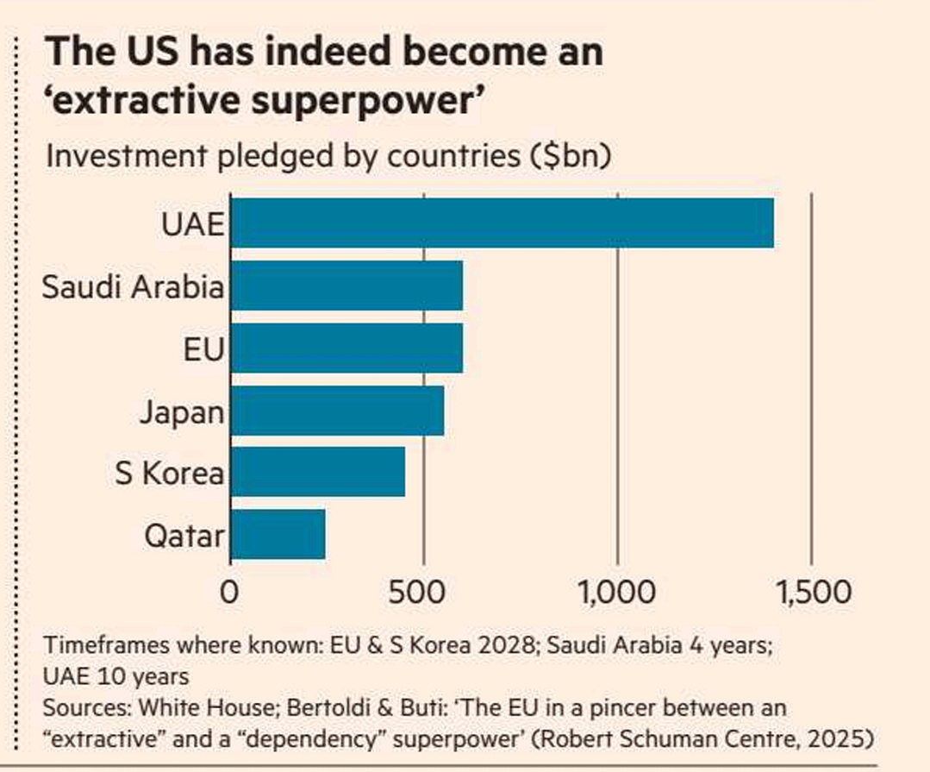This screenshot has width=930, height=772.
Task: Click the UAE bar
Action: coord(502,223)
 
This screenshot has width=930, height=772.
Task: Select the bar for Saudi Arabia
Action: coord(346,286)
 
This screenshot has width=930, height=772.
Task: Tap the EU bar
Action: coord(346,348)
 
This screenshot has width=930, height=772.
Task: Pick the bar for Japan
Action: coord(337,411)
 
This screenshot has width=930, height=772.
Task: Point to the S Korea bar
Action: coord(317,472)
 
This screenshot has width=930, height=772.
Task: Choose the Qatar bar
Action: coord(278,535)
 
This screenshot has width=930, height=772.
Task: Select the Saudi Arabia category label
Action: coord(133,286)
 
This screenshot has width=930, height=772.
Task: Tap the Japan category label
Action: coord(181,411)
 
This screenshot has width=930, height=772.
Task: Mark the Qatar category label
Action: coord(184,536)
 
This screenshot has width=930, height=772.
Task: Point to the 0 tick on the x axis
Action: coord(229,593)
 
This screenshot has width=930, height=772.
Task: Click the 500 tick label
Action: coord(424,593)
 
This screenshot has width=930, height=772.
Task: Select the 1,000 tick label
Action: coord(618,593)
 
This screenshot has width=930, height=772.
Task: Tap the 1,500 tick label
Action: coord(811,593)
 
